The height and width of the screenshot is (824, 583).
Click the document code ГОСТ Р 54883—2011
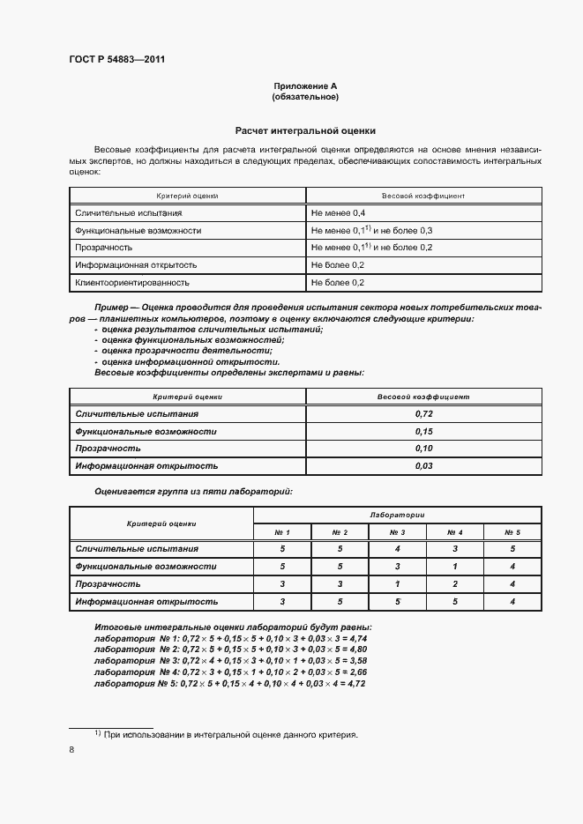[x=117, y=59]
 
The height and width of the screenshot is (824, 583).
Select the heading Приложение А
[x=305, y=85]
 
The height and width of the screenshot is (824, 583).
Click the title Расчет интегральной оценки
[x=305, y=129]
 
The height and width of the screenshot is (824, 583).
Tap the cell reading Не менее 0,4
[x=338, y=213]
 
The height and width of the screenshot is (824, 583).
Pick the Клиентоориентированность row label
[x=132, y=283]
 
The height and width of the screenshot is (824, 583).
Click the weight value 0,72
[x=423, y=413]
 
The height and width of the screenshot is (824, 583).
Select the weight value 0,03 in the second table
[x=423, y=465]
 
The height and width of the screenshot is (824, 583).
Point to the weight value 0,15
[x=423, y=431]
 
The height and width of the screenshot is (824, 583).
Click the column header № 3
[x=398, y=532]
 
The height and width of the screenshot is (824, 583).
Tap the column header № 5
[x=512, y=532]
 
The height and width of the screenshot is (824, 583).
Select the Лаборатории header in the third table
[x=398, y=515]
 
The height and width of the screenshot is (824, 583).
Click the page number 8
[x=71, y=750]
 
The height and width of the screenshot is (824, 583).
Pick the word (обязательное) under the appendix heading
[x=305, y=97]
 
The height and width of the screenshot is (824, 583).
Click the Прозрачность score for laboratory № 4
[x=455, y=583]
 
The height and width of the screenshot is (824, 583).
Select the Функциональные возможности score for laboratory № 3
[x=398, y=566]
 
